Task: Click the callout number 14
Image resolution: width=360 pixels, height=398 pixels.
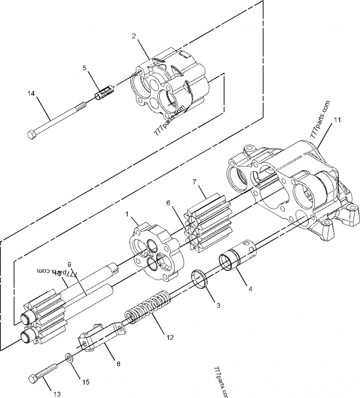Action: (x=31, y=94)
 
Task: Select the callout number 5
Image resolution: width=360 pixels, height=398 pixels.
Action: (x=84, y=68)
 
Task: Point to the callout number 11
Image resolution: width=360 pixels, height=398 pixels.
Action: (x=337, y=120)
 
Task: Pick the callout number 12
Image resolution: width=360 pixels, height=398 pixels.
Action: (x=168, y=336)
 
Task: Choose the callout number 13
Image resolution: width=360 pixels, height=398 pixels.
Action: (x=57, y=394)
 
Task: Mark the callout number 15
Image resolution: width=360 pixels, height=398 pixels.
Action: (x=85, y=382)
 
